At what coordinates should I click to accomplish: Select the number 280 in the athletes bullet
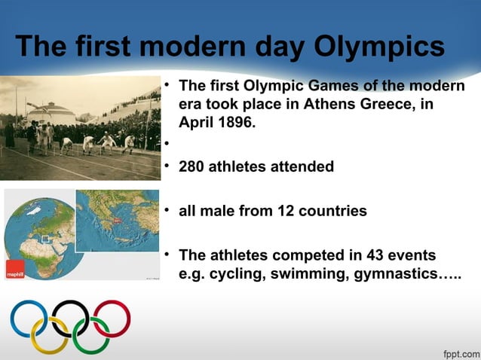coord(192,166)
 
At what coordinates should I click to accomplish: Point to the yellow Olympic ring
coord(50,335)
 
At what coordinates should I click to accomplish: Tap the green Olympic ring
coord(91,335)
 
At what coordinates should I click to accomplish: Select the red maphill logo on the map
coord(15,271)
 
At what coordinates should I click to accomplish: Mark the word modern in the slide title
coord(188,47)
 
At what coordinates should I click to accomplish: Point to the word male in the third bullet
coord(216,211)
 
